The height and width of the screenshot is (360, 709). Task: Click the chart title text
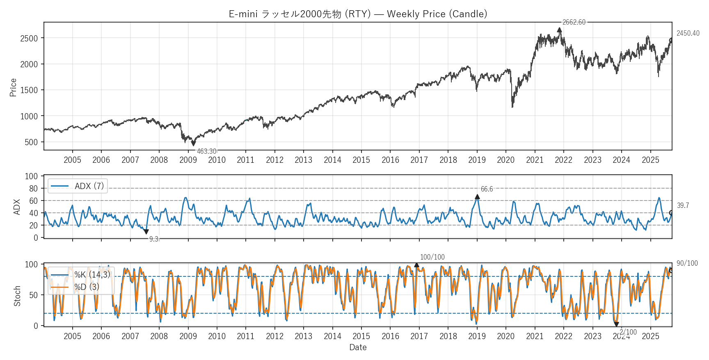click(358, 14)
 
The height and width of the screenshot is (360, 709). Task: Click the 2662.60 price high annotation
click(574, 22)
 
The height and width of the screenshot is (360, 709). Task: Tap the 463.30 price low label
click(206, 151)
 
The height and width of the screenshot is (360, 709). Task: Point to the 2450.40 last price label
click(688, 33)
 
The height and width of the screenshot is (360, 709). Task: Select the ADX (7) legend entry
click(78, 186)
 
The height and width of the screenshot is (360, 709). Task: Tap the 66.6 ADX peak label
click(487, 189)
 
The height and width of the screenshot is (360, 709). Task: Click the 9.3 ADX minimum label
click(153, 239)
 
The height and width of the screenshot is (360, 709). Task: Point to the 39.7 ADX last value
click(683, 205)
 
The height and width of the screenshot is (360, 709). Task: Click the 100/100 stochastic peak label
click(432, 257)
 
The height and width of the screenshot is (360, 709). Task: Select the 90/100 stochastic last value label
click(687, 263)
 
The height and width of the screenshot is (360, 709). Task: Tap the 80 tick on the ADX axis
click(33, 189)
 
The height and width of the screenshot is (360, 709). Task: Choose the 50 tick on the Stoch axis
click(33, 295)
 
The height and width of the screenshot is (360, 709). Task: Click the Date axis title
click(358, 347)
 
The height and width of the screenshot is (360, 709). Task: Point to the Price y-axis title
click(13, 87)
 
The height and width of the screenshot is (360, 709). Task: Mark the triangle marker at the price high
click(559, 30)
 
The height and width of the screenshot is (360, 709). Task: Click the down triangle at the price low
click(193, 144)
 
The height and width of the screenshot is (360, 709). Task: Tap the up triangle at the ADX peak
click(477, 197)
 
